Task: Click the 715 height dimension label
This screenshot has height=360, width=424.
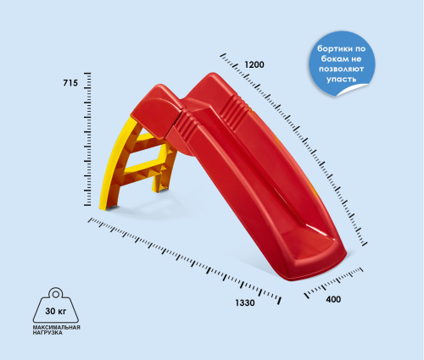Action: click(70, 83)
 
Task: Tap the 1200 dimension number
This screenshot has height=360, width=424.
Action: click(254, 64)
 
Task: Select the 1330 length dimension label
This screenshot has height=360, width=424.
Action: click(245, 302)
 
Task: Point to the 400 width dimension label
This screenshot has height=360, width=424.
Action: click(333, 299)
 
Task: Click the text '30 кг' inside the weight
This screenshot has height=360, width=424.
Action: click(56, 311)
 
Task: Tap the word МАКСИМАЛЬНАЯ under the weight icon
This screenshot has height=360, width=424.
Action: click(57, 328)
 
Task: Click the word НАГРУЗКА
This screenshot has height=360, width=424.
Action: click(47, 333)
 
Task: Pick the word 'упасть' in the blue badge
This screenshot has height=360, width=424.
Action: click(341, 79)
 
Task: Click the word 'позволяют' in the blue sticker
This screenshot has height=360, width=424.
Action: click(341, 69)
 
